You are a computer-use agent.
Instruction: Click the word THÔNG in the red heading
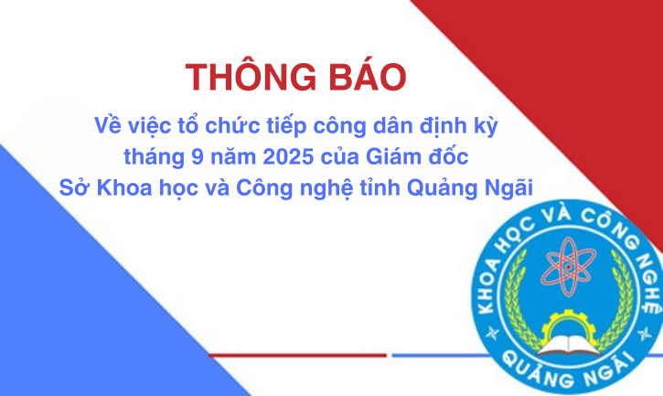click(x=251, y=77)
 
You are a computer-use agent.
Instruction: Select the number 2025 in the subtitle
click(x=288, y=157)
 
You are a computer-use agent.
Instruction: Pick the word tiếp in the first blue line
click(x=286, y=126)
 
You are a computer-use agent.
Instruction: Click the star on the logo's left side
click(x=492, y=333)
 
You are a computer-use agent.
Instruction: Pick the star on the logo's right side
click(x=645, y=334)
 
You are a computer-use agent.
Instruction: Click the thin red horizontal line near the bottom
click(x=297, y=356)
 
